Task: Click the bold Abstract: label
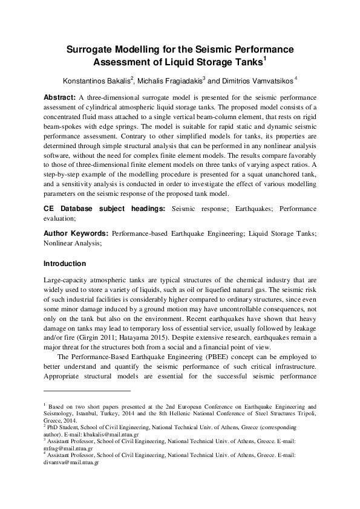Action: pos(60,97)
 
